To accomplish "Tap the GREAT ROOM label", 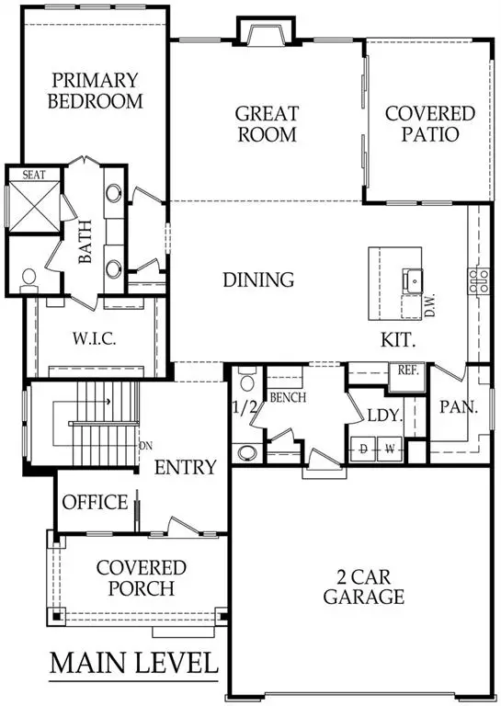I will pyautogui.click(x=267, y=124).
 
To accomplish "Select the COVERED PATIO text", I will pyautogui.click(x=430, y=124).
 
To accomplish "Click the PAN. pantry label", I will pyautogui.click(x=458, y=405).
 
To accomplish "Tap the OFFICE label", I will pyautogui.click(x=95, y=502).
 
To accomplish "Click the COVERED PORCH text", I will pyautogui.click(x=141, y=577).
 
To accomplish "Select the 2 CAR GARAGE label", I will pyautogui.click(x=363, y=586).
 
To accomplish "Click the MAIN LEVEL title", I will pyautogui.click(x=133, y=662).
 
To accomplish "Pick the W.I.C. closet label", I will pyautogui.click(x=95, y=339).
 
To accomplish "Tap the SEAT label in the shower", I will pyautogui.click(x=22, y=174).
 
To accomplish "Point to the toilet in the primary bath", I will pyautogui.click(x=28, y=276).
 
